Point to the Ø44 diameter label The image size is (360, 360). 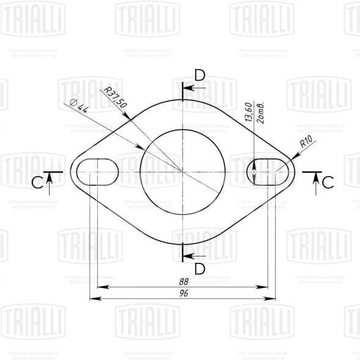[79, 106]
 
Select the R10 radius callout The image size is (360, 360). [306, 144]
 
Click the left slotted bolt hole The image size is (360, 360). [95, 172]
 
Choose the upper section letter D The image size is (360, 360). [200, 76]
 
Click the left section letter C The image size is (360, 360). [39, 182]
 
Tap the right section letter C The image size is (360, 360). [328, 182]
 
